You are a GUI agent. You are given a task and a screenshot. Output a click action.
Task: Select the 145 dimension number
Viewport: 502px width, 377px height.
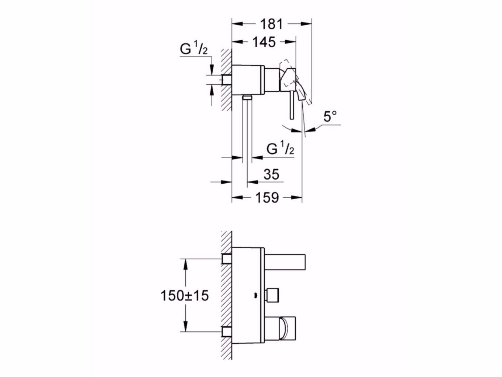[264, 42]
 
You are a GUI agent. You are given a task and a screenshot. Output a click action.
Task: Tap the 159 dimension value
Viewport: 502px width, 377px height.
[267, 197]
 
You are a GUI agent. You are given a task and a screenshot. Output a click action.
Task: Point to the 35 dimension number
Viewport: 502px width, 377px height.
[271, 174]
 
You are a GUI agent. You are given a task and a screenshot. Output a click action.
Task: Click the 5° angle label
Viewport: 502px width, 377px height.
[330, 118]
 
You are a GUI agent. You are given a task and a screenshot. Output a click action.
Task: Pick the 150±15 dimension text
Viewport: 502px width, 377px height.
[184, 295]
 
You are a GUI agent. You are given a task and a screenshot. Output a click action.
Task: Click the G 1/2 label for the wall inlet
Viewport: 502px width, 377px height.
[193, 50]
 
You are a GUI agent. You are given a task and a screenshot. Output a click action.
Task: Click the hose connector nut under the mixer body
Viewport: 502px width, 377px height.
[247, 97]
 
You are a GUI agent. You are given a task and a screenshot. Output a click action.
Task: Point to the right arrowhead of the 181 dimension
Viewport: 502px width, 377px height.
[307, 24]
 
